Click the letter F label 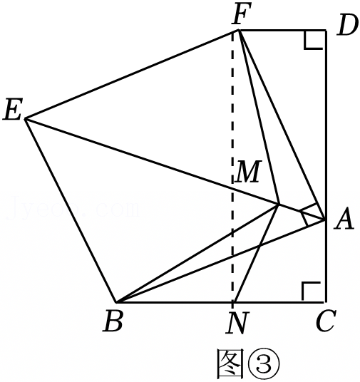click(x=241, y=14)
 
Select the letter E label click(x=13, y=109)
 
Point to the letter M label click(x=248, y=172)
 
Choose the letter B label click(x=113, y=321)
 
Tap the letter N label click(x=237, y=323)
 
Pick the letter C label click(x=326, y=321)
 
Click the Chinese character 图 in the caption click(x=230, y=364)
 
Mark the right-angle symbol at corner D click(x=314, y=40)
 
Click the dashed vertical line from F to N click(x=233, y=166)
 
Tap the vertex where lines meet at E click(x=26, y=118)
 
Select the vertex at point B click(x=116, y=302)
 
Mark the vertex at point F click(x=239, y=30)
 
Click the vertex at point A click(x=325, y=220)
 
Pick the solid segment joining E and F click(x=132, y=74)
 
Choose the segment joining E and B click(x=71, y=210)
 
